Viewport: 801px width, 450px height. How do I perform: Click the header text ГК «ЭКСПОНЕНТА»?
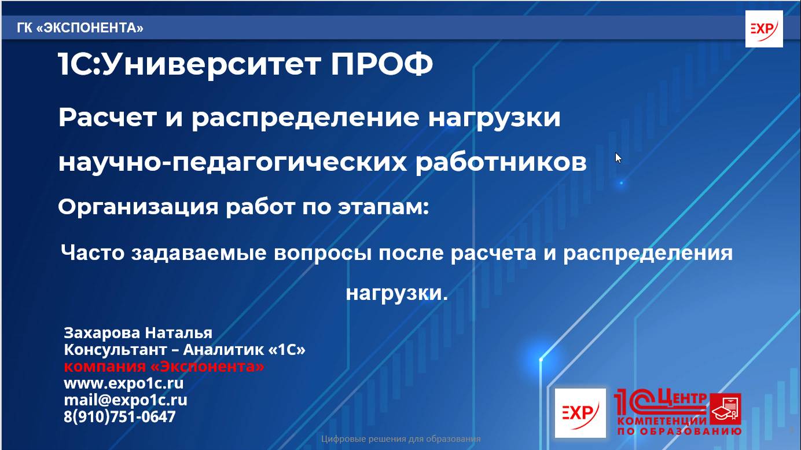pos(80,28)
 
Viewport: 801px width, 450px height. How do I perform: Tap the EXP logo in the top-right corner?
pos(764,29)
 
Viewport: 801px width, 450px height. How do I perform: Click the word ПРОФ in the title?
pos(381,65)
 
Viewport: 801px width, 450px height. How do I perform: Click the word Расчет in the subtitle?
pos(108,118)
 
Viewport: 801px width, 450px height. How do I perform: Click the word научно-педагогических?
pos(232,163)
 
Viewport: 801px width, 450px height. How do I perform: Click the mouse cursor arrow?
pos(618,158)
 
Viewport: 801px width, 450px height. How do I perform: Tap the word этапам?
pos(383,207)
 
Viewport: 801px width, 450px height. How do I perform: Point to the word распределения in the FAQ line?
pos(648,253)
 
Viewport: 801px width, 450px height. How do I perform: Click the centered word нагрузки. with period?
pos(397,293)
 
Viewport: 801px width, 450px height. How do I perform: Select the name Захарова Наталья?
pos(138,333)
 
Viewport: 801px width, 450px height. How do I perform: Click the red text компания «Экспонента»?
pos(164,367)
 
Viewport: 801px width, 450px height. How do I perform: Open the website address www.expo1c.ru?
pos(123,383)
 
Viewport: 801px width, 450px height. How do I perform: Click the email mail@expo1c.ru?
pos(125,400)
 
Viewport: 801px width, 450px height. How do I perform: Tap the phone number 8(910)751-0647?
pos(119,416)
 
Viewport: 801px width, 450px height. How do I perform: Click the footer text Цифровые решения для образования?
pos(400,438)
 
